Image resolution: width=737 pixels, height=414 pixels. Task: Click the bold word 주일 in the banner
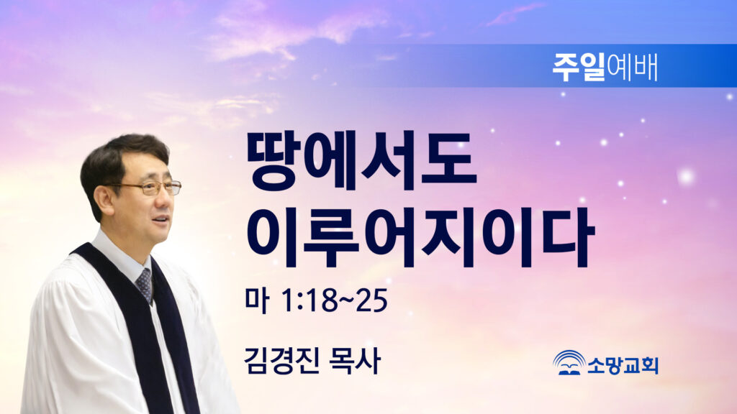(579, 67)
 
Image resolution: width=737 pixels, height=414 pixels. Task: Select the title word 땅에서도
(361, 161)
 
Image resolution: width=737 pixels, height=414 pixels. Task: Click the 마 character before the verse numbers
(257, 300)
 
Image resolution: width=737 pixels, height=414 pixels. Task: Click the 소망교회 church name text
(623, 365)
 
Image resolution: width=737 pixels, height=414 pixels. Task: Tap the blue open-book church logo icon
(569, 362)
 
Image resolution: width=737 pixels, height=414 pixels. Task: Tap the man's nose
(166, 200)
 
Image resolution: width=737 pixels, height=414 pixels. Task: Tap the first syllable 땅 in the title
(273, 161)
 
